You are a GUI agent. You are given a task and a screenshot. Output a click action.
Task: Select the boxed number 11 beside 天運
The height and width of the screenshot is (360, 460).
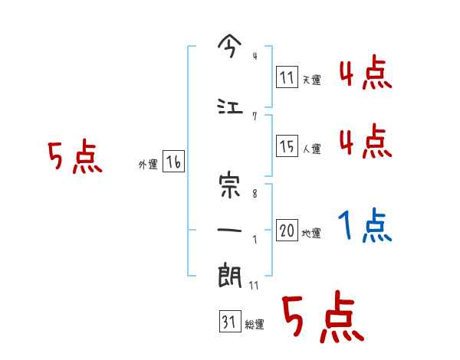click(287, 77)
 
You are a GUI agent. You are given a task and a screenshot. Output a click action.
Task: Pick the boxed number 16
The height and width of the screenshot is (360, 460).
click(173, 162)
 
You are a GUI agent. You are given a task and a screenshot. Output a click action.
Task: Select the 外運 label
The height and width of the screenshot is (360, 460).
click(148, 165)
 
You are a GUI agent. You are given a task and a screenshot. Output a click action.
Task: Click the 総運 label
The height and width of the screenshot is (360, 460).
click(255, 325)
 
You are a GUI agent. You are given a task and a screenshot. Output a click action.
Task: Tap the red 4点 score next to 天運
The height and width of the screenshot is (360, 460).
click(365, 74)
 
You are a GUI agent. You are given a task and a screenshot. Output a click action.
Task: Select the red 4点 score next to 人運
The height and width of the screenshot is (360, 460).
click(365, 142)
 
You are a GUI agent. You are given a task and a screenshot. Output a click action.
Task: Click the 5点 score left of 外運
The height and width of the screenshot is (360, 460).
click(74, 158)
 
